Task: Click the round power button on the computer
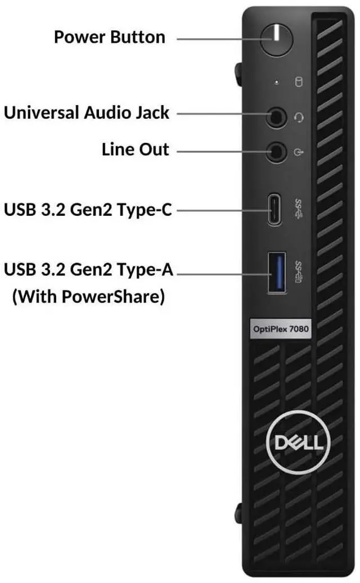[x=276, y=38]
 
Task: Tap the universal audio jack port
[x=276, y=117]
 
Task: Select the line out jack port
[x=276, y=151]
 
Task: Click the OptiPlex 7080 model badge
[x=280, y=329]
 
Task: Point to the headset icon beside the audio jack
[x=299, y=117]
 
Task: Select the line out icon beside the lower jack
[x=299, y=151]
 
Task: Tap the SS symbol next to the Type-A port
[x=299, y=272]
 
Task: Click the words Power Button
[x=110, y=37]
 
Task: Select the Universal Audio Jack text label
[x=87, y=112]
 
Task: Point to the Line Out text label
[x=135, y=150]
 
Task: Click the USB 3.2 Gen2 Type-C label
[x=88, y=210]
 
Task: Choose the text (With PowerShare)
[x=88, y=296]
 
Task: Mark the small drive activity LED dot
[x=276, y=82]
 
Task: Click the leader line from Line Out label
[x=219, y=151]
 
